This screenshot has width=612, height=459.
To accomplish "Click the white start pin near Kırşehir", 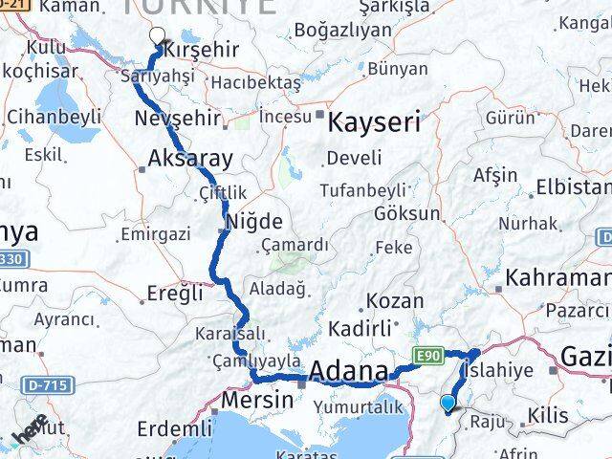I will pyautogui.click(x=157, y=36).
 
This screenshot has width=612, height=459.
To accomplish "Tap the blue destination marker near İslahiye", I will pyautogui.click(x=448, y=404).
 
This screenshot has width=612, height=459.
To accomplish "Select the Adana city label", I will pyautogui.click(x=350, y=371).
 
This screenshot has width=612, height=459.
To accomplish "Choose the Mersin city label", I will pyautogui.click(x=257, y=399).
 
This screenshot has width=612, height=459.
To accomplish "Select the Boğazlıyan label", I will pyautogui.click(x=343, y=30).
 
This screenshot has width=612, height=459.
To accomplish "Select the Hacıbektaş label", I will pyautogui.click(x=255, y=83).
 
